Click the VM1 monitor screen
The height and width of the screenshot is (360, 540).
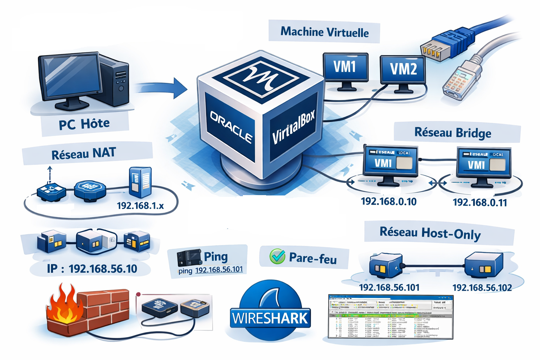click(x=345, y=67)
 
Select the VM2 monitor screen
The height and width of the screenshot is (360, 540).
click(x=403, y=69)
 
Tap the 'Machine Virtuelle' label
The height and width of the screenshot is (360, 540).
click(x=324, y=32)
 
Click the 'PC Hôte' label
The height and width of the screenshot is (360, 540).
click(x=84, y=124)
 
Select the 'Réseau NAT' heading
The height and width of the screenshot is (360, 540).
click(x=84, y=154)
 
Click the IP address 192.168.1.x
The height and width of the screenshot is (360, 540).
click(x=140, y=206)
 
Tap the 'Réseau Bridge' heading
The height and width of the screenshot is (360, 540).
click(x=453, y=133)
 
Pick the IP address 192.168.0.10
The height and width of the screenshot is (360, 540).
click(x=389, y=202)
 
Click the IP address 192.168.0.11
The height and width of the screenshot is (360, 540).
click(x=480, y=202)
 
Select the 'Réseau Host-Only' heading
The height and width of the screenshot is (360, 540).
click(x=430, y=233)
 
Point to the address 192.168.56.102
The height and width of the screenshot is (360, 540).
click(x=482, y=288)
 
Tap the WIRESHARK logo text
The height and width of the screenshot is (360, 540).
click(x=270, y=319)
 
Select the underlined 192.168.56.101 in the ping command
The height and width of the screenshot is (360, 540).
click(x=219, y=270)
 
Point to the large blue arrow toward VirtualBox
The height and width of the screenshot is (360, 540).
click(x=162, y=88)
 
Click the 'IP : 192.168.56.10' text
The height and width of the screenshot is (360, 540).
click(x=92, y=269)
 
